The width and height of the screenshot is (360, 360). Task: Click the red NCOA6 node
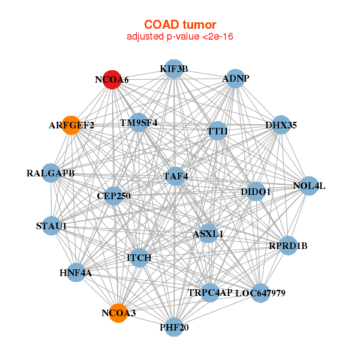click(x=112, y=79)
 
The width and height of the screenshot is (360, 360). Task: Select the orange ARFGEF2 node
click(x=71, y=125)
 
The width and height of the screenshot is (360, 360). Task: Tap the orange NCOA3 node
click(x=119, y=313)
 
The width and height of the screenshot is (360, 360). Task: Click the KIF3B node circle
click(x=173, y=69)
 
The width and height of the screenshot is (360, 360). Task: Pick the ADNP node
click(x=235, y=79)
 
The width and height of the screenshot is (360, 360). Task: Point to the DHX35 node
click(x=281, y=125)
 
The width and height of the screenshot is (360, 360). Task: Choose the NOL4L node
click(x=308, y=186)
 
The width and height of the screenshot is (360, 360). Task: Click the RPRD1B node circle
click(x=288, y=245)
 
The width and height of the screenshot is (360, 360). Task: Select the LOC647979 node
click(x=260, y=293)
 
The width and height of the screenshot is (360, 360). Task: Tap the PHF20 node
click(x=173, y=327)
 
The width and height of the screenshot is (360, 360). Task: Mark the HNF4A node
click(x=76, y=273)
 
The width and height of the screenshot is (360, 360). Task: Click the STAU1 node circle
click(x=52, y=226)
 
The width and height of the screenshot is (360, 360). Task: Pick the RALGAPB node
click(x=51, y=173)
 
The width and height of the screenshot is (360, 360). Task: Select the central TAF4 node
click(x=175, y=176)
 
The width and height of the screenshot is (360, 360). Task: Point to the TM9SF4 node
click(x=139, y=123)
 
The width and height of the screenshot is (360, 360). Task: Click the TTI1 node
click(x=217, y=131)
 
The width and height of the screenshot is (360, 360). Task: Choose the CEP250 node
click(x=113, y=196)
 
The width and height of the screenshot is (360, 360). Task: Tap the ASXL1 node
click(x=208, y=233)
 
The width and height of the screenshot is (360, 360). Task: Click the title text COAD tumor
click(x=180, y=24)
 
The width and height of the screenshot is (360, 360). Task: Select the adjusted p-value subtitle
click(x=180, y=37)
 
